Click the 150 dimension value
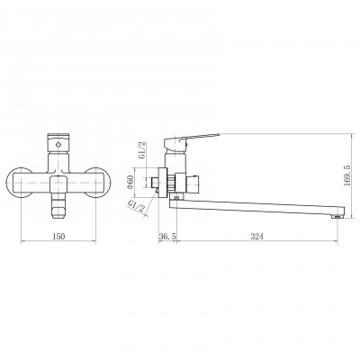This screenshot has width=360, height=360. pos(58,236)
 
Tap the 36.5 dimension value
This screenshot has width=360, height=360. pos(167,236)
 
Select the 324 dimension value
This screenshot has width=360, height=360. pos(256,236)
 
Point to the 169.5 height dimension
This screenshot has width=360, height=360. pos(347,175)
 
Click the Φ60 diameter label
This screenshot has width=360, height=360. pos(130,182)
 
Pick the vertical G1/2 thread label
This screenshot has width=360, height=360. pos(143,149)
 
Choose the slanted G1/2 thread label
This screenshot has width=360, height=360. pos(137,206)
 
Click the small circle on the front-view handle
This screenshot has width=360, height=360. pos(58,145)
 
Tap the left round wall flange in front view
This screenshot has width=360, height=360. pos(19,183)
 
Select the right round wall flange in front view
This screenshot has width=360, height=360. pos(98,183)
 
